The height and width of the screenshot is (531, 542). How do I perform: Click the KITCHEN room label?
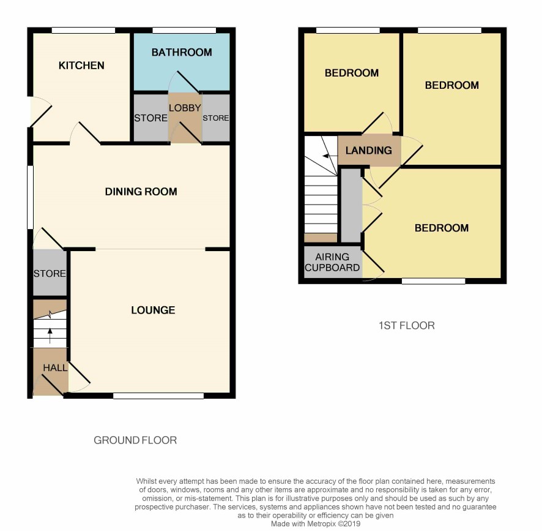tap(81, 66)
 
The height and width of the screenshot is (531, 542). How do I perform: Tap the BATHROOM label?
tap(182, 52)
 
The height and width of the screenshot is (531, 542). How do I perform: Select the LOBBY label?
tap(185, 108)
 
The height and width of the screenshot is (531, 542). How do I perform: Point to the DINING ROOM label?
tap(141, 192)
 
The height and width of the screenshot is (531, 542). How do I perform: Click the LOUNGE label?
tap(153, 310)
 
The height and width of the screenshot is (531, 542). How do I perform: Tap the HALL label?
tap(55, 367)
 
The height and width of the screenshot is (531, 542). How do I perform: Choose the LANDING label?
tap(369, 150)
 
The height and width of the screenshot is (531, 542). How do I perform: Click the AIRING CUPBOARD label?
tap(332, 262)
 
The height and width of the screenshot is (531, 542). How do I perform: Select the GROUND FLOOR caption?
tap(135, 440)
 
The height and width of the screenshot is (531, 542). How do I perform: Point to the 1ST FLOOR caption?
tap(407, 325)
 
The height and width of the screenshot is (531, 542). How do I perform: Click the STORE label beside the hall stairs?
tap(50, 273)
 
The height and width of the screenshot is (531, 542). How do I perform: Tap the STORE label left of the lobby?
tap(150, 118)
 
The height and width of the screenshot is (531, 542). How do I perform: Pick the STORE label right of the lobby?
tap(216, 118)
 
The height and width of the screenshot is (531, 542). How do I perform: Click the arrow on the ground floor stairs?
tap(50, 336)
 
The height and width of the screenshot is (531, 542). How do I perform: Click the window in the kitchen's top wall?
tap(83, 31)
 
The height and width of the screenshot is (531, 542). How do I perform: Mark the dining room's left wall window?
tap(31, 197)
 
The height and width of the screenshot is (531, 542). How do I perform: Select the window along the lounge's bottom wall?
tap(158, 396)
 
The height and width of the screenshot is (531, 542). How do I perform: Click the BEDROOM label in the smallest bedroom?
tap(352, 73)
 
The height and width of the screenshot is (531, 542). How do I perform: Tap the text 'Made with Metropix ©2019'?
tap(316, 524)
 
